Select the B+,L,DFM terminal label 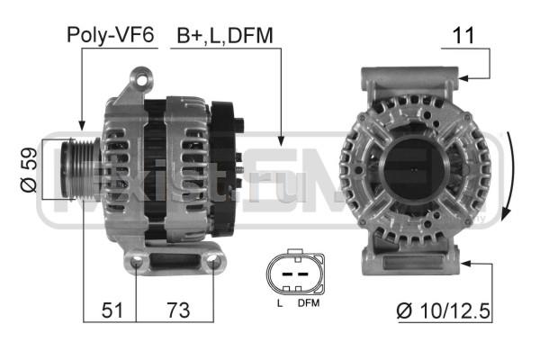coord(224,35)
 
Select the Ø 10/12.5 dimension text coord(443,311)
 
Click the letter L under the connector coord(279,303)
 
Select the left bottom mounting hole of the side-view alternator coord(136,263)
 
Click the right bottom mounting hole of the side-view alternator coord(213,263)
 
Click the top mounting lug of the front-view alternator coord(414,79)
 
